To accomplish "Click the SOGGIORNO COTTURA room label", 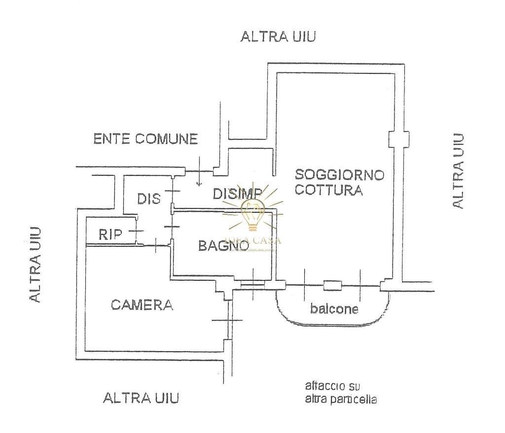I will (339, 182).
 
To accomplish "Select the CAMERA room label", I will (142, 305).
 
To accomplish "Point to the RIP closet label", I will (110, 234).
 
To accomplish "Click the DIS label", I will (149, 199).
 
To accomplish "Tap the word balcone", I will (334, 309).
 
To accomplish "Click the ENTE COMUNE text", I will (145, 139).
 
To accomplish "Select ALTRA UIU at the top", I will (278, 36).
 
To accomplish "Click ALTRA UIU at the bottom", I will (141, 398).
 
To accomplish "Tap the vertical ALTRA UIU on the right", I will (458, 171).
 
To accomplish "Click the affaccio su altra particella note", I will (341, 393).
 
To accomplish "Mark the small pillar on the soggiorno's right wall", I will (398, 139).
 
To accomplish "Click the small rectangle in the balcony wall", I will (332, 285).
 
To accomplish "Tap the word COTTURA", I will (329, 190).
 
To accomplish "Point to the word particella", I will (354, 400).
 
